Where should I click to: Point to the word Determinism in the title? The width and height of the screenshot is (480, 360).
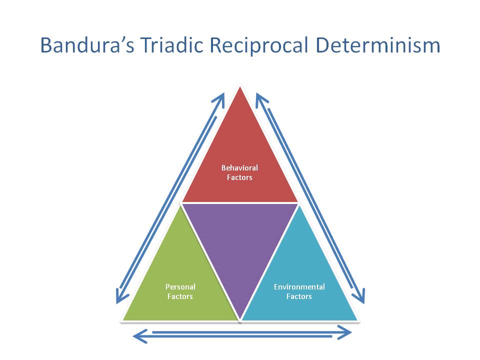tap(380, 45)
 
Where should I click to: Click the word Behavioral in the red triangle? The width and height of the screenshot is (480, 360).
tap(239, 168)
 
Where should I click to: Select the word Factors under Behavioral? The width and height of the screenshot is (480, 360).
tap(239, 177)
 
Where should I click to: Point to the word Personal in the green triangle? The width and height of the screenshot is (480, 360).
tap(180, 287)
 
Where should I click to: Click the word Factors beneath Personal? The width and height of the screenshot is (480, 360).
tap(180, 296)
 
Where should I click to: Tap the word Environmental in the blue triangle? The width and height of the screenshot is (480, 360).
tap(299, 287)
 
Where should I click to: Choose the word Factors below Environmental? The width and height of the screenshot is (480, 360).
tap(299, 296)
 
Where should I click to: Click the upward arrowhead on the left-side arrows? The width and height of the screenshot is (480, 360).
tap(220, 98)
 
